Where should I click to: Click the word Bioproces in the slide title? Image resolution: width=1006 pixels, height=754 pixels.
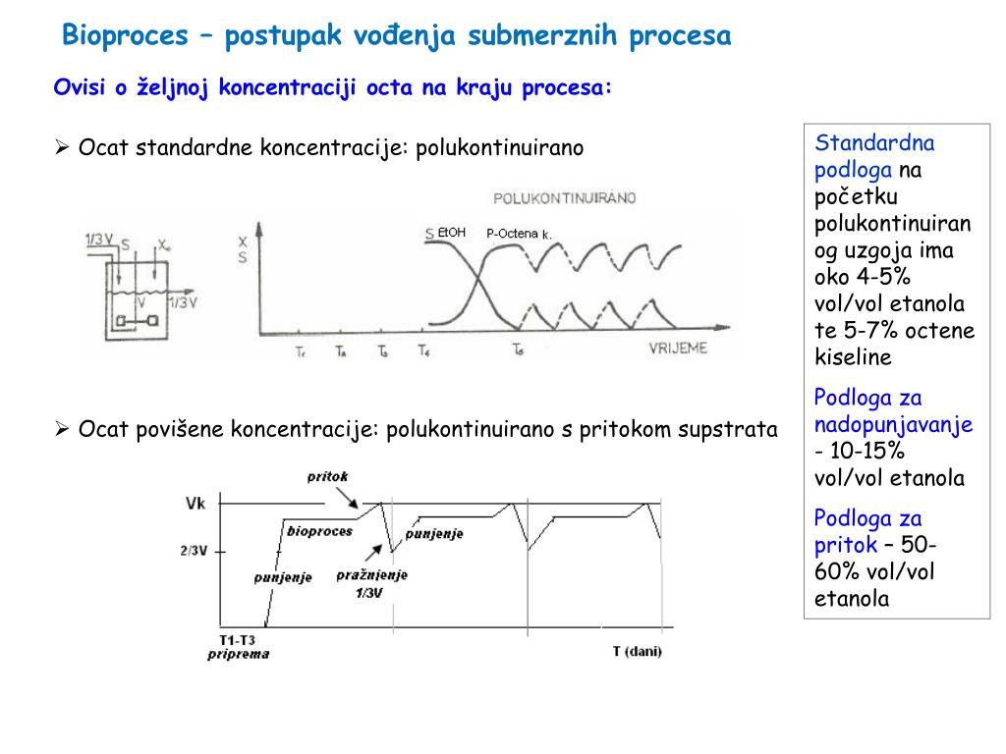(125, 36)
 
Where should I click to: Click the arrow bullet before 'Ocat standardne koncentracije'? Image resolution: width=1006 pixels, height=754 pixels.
(62, 148)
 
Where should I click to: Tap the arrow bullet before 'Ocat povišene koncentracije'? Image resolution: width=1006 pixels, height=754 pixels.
(62, 429)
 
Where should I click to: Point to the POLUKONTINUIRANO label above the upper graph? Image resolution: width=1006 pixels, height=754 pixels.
(564, 197)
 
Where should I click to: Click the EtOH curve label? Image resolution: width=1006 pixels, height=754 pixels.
(452, 233)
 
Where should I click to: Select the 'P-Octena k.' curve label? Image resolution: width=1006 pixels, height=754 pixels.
(519, 235)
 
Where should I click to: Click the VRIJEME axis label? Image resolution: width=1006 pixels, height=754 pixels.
(677, 349)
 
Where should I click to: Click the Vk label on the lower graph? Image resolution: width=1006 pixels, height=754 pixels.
(196, 504)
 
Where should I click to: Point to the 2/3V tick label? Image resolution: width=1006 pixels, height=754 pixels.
(194, 551)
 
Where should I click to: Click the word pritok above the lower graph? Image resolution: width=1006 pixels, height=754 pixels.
(327, 477)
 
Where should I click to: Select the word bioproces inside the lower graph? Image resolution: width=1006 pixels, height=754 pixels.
(319, 531)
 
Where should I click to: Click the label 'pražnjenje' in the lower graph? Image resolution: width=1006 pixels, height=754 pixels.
(371, 575)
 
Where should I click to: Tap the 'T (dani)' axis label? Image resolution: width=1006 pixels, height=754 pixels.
(637, 651)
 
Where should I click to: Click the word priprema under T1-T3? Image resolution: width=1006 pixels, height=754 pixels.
(238, 654)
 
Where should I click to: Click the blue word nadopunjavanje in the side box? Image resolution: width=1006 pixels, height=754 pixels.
(893, 425)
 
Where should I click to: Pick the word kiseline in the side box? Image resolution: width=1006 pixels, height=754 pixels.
(854, 356)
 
